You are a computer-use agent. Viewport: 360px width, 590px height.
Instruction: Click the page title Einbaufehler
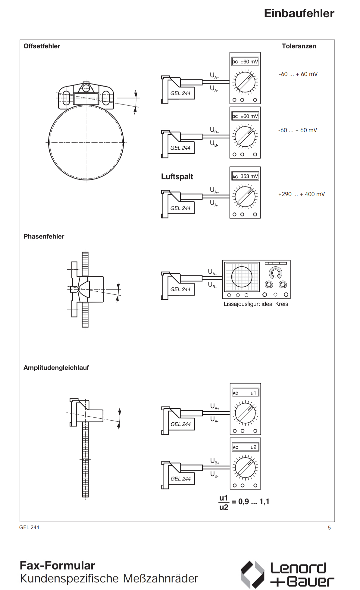[x=299, y=13]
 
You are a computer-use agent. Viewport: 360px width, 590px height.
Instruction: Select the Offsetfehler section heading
[x=42, y=46]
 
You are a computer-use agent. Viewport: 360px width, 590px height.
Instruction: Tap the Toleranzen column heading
[x=299, y=46]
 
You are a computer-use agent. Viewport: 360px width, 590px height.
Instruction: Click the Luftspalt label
[x=177, y=177]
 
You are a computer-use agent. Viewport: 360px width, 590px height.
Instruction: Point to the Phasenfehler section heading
[x=44, y=237]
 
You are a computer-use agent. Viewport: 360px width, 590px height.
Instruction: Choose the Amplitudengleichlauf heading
[x=56, y=368]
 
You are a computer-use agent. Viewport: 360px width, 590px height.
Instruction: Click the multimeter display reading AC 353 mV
[x=245, y=176]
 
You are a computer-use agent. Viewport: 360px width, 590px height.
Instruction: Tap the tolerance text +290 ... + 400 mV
[x=302, y=194]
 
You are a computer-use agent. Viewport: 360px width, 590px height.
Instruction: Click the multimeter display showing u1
[x=246, y=393]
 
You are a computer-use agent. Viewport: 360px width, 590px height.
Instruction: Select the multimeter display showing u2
[x=246, y=447]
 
